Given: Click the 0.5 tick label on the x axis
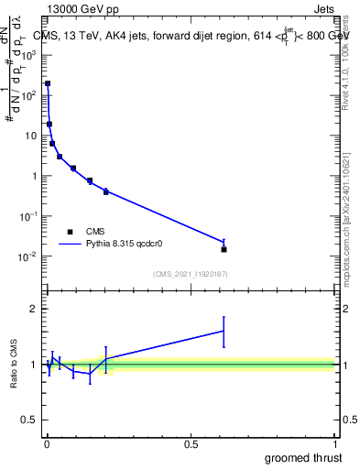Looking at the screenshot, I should [191, 443].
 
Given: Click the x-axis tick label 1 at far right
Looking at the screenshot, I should [334, 443].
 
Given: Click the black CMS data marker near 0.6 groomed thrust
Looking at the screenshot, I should [224, 249].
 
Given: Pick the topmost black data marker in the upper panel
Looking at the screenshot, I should [48, 83].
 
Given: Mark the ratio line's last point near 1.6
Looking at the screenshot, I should [224, 331].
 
